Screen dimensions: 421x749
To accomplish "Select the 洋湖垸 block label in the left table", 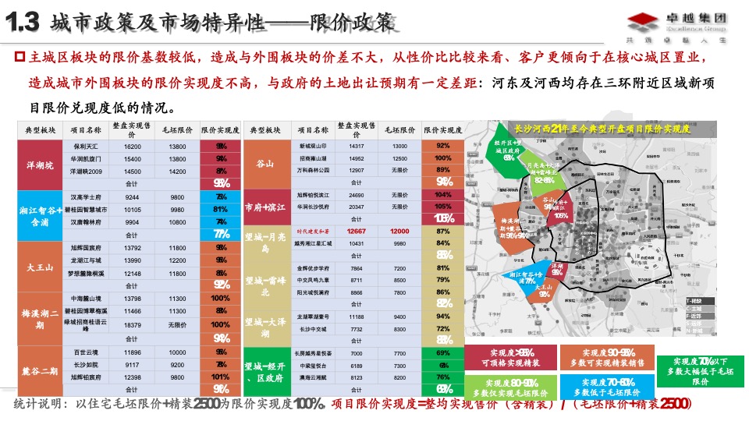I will (39, 165).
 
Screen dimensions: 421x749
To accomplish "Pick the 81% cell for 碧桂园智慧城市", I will (220, 210).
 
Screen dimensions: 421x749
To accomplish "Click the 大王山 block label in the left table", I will (39, 267).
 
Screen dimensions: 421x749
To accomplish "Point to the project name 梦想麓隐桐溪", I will (86, 274).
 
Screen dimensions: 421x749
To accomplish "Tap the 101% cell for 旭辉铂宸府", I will (220, 377).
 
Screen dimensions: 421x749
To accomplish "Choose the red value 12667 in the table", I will (357, 232).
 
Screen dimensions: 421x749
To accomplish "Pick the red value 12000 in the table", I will (399, 232).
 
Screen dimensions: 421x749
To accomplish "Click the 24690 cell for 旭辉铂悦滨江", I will (357, 194).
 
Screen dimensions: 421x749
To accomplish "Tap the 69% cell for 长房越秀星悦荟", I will (443, 354).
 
